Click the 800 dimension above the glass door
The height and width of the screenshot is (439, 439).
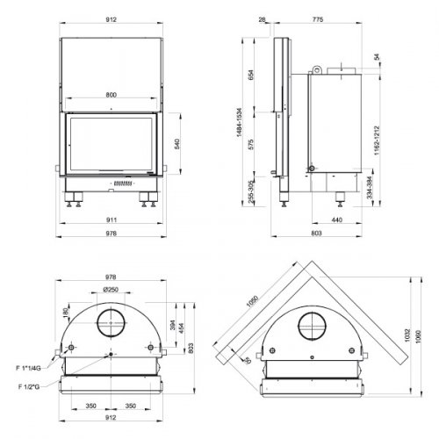(112, 94)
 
